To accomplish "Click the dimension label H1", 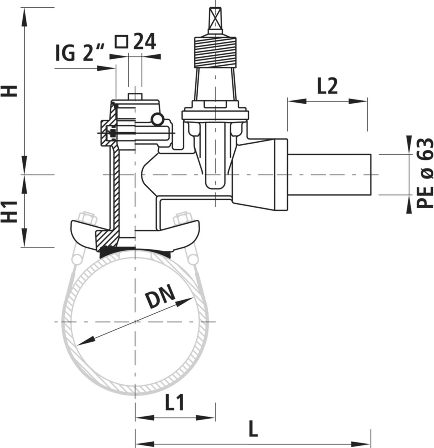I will click(12, 212).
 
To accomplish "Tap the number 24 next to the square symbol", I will click(144, 42).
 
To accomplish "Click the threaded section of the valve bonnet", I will click(216, 51).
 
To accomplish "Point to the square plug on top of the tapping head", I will click(134, 97).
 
